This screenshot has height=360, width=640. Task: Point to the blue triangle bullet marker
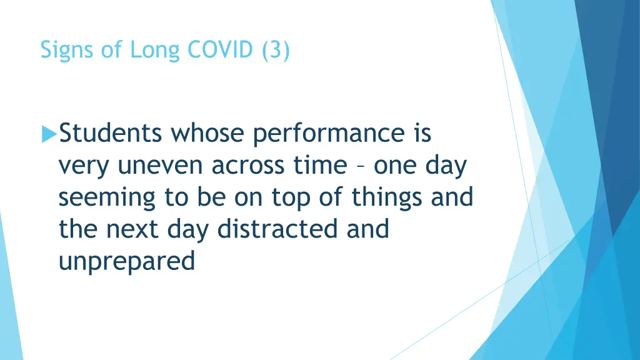[x=49, y=134]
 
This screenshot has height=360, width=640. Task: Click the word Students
[x=111, y=133]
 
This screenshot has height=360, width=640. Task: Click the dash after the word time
[x=361, y=166]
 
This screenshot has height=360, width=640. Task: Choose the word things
[x=387, y=197]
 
